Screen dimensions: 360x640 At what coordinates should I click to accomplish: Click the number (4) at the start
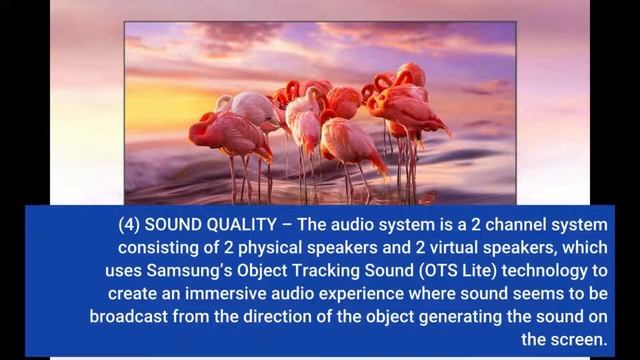tap(131, 225)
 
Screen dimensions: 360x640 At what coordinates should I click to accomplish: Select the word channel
tap(541, 225)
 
